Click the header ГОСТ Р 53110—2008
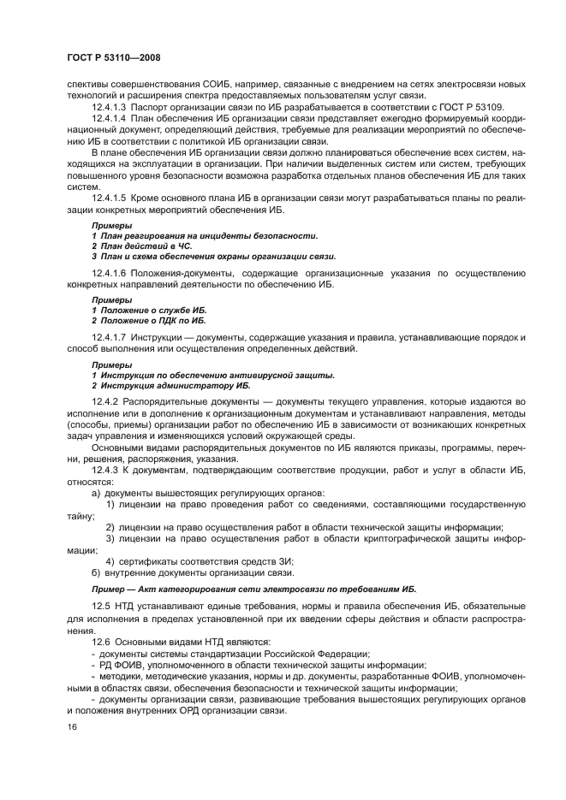pyautogui.click(x=113, y=56)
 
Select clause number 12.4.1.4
pyautogui.click(x=113, y=122)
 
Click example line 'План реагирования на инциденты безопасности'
pyautogui.click(x=206, y=234)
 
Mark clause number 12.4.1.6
pyautogui.click(x=113, y=273)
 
